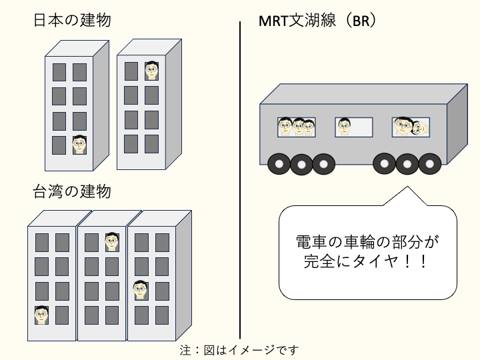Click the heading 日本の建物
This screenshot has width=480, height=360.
72,20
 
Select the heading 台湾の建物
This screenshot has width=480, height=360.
72,192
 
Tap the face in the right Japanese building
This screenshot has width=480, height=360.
151,70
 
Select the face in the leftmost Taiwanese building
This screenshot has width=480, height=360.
42,315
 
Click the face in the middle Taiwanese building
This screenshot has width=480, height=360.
111,241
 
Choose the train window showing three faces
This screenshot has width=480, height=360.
297,127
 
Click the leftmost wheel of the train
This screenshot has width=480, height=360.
279,163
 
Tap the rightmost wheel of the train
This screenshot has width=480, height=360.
429,163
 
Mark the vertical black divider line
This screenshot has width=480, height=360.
240,180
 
